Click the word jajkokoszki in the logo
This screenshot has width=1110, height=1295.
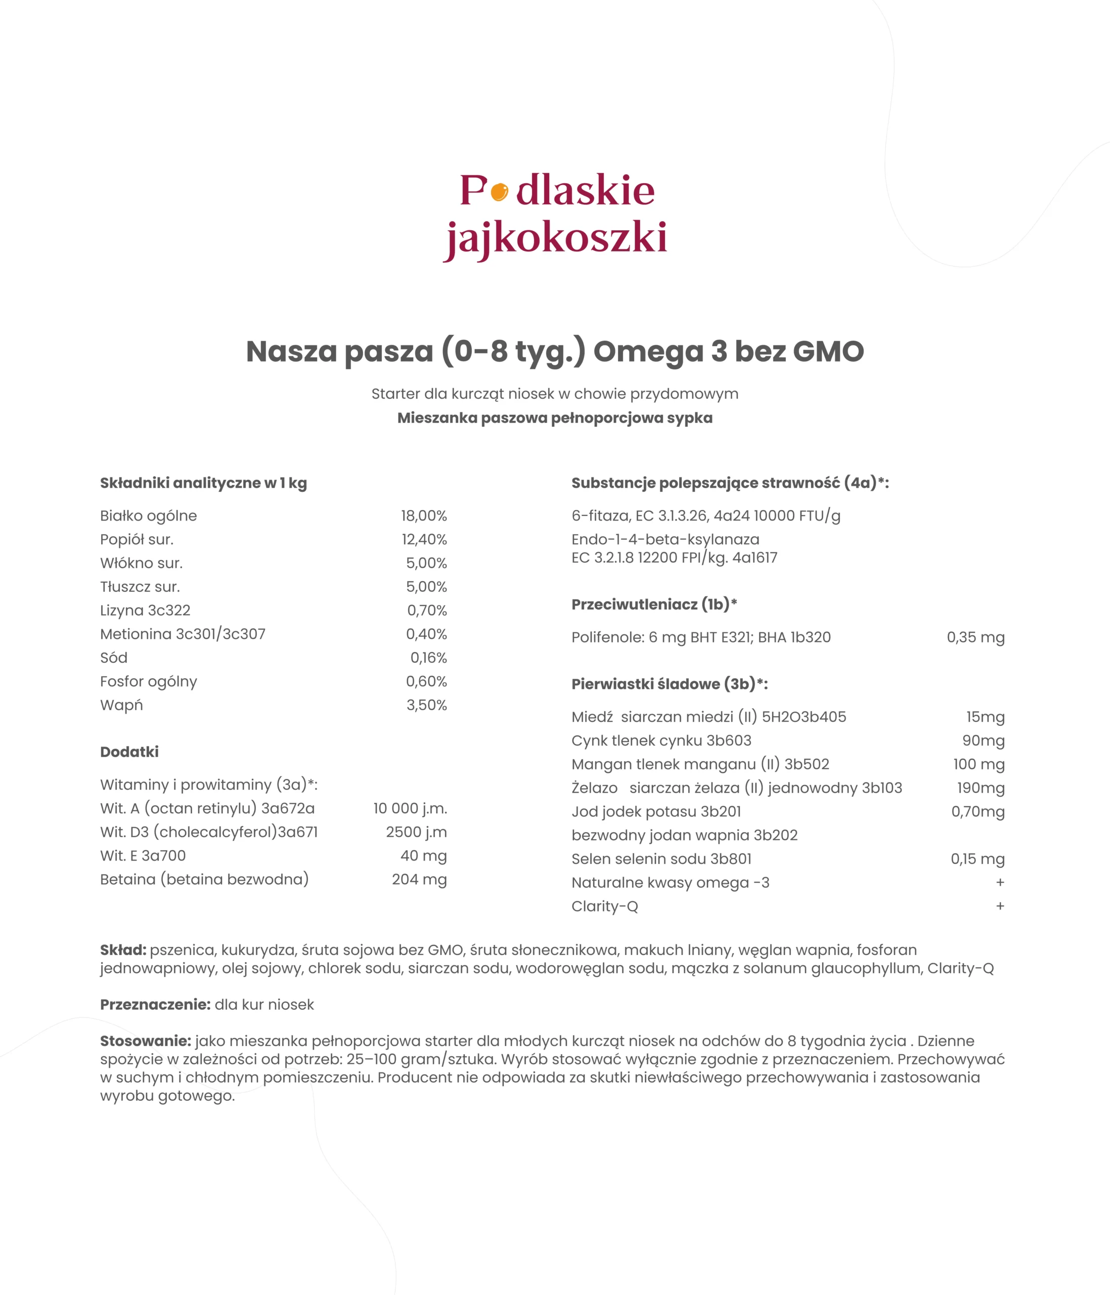[555, 238]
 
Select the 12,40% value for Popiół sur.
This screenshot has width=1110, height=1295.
[424, 539]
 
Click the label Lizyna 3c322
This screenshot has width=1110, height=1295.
[145, 610]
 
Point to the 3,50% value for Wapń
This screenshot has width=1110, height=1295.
[427, 705]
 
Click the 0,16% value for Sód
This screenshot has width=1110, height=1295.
[428, 658]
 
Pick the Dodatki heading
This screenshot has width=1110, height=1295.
[129, 752]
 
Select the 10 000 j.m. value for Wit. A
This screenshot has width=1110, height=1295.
[410, 808]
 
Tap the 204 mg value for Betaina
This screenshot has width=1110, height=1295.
[419, 879]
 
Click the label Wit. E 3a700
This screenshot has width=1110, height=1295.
[143, 855]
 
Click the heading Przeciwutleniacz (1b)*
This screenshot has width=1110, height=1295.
[654, 605]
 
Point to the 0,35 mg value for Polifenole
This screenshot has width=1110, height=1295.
[975, 637]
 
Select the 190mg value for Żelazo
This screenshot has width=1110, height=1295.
[980, 788]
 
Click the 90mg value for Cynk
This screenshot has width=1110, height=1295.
[983, 741]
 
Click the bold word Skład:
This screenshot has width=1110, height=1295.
[123, 950]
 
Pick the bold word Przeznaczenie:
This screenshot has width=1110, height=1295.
[155, 1004]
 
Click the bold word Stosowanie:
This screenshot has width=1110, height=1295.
[146, 1041]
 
